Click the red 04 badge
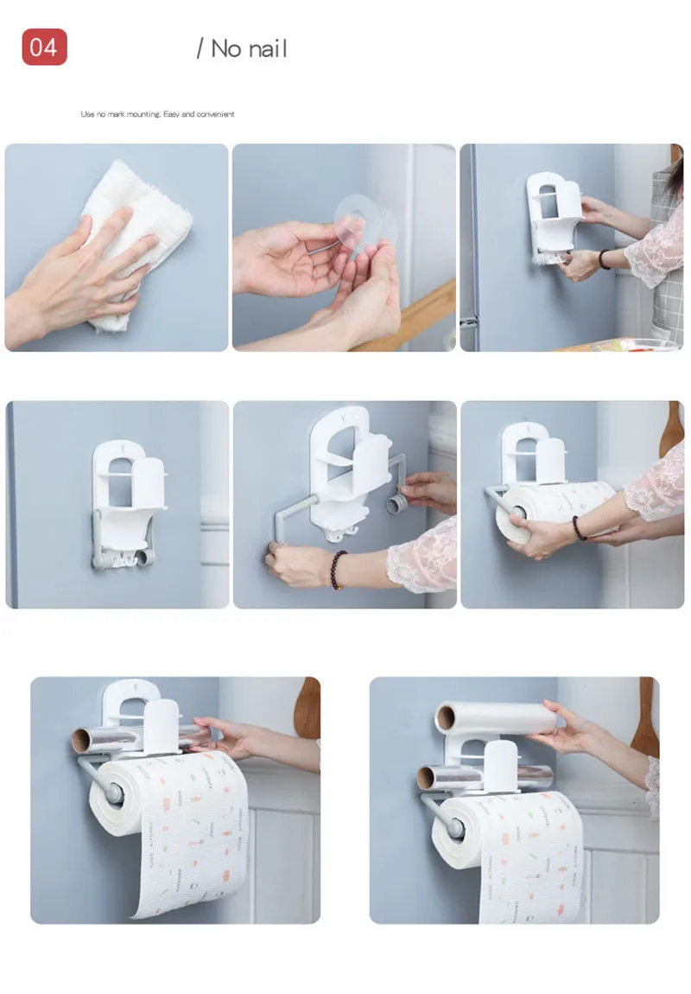tap(44, 47)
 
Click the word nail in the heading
tap(263, 48)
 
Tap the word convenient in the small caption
tap(215, 114)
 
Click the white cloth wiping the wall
tap(138, 241)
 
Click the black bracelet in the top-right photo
tap(603, 259)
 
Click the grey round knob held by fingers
tap(397, 506)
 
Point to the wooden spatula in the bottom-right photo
tap(644, 717)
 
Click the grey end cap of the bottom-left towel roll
tap(115, 793)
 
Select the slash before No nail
tap(200, 48)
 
